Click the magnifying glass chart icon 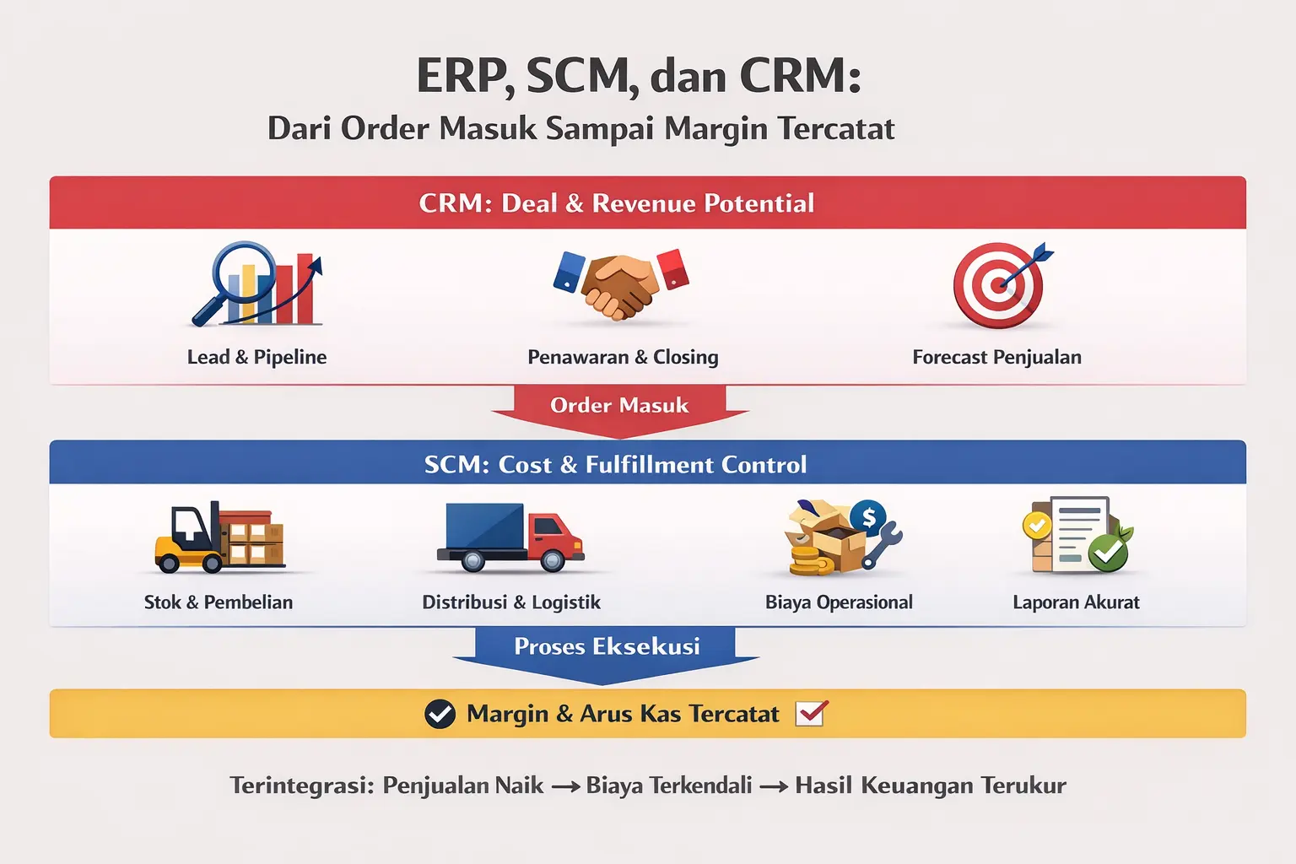click(256, 284)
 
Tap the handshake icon click(621, 284)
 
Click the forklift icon click(219, 537)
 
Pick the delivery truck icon click(510, 537)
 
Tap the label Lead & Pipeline click(256, 357)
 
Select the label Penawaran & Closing click(623, 357)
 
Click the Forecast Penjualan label click(996, 357)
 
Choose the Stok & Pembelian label click(219, 602)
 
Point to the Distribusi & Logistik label click(511, 602)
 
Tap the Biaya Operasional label click(839, 602)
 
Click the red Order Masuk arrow click(619, 407)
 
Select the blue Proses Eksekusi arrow click(607, 649)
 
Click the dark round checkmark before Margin click(440, 714)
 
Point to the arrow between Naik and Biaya click(565, 786)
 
